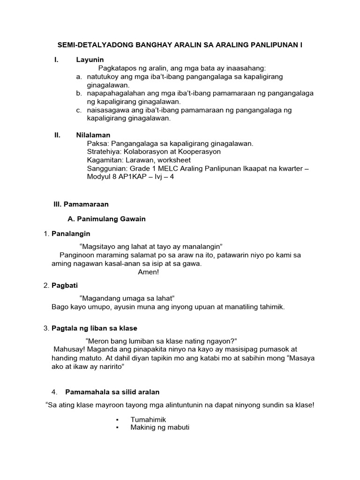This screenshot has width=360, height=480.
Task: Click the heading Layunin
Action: coord(90,60)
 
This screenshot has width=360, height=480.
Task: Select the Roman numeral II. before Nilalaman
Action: coord(58,135)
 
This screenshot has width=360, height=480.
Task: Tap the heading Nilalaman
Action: coord(93,135)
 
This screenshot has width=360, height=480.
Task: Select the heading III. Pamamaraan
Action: coord(81,204)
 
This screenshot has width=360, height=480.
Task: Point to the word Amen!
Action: coord(149,272)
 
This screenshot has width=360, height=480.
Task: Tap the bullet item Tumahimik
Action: coord(149,420)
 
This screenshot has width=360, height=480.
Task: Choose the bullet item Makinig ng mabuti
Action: coord(160,427)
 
